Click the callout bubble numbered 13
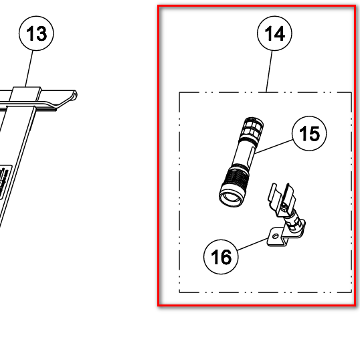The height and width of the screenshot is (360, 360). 36,33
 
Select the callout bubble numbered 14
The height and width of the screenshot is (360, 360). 274,33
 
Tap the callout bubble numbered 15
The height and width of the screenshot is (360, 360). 309,133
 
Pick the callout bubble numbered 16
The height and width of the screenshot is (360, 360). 221,257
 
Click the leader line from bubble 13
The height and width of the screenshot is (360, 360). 29,69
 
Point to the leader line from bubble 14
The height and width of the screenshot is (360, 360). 269,72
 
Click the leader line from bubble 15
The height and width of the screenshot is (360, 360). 274,147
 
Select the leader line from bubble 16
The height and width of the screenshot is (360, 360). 252,244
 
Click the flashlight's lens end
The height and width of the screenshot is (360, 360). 231,197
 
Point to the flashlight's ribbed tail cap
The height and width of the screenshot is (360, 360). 252,128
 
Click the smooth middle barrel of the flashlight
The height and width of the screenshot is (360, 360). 244,153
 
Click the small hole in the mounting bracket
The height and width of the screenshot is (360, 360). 275,236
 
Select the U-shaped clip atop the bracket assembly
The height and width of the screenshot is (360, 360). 282,197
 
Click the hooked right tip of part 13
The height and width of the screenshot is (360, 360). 75,95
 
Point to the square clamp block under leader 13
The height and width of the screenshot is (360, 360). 25,94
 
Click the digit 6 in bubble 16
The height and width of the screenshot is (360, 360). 226,257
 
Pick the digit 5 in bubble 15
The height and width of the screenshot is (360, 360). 314,134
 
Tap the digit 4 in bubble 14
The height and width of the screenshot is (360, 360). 280,33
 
